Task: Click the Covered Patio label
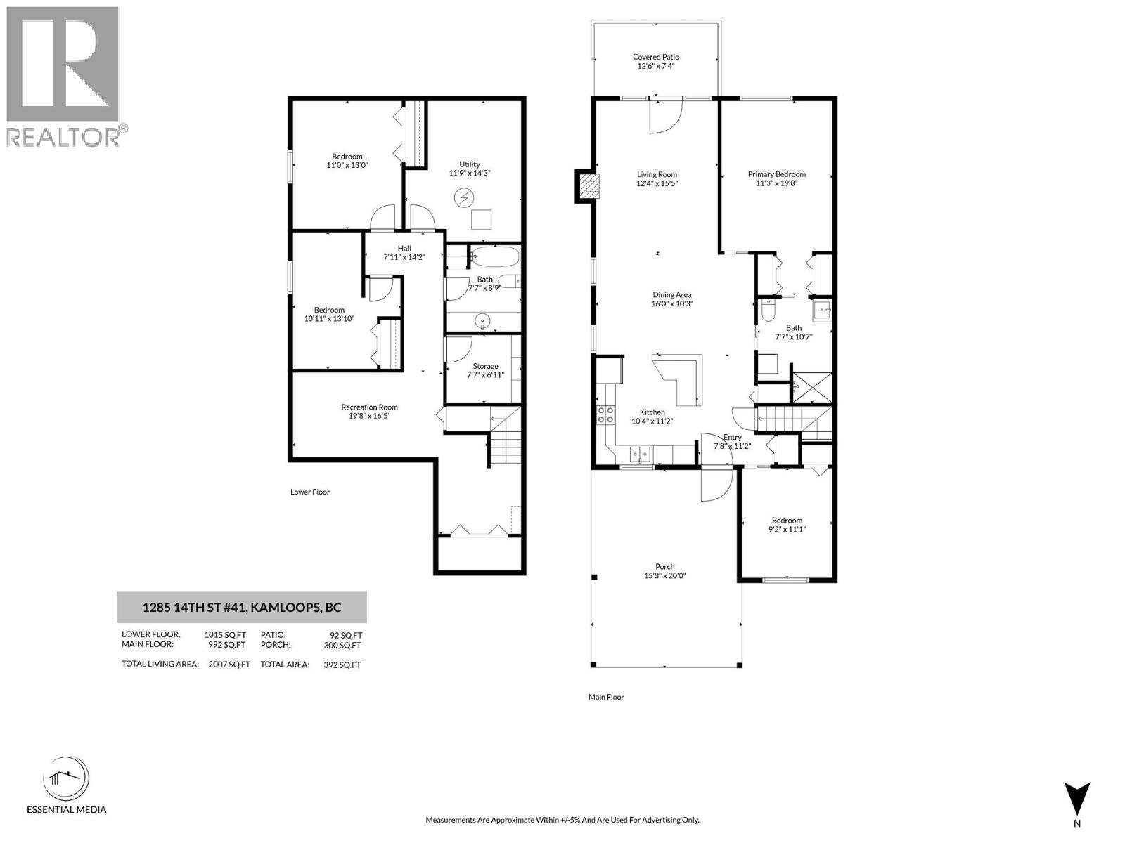coord(655,57)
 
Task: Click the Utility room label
coord(469,164)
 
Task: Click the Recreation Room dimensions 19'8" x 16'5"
coord(369,416)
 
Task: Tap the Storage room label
coord(485,366)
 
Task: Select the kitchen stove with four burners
coord(605,414)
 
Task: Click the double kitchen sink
coord(641,455)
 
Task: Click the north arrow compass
coord(1076,799)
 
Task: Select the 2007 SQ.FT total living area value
coord(229,664)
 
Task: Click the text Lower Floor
coord(310,492)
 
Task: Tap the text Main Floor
coord(606,697)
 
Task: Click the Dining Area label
coord(671,295)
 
